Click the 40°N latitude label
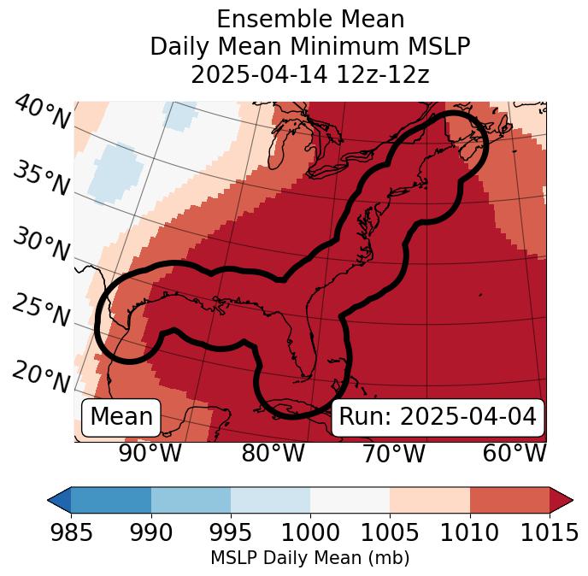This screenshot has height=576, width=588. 42,114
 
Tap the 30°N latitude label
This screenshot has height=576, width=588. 40,244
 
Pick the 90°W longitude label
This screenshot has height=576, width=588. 150,454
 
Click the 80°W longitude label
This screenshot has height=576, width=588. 273,454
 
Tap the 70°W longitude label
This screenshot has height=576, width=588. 393,454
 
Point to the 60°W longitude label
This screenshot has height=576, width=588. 514,454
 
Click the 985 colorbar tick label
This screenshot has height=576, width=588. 71,532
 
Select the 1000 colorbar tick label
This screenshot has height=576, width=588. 310,532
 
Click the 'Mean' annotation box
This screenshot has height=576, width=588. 121,417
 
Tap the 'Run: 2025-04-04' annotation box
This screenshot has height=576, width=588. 438,417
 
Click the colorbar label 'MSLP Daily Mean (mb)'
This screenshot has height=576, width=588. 309,559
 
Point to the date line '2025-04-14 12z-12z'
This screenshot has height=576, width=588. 309,74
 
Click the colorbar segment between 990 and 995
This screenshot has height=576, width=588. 191,499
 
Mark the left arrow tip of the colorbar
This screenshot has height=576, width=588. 50,499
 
